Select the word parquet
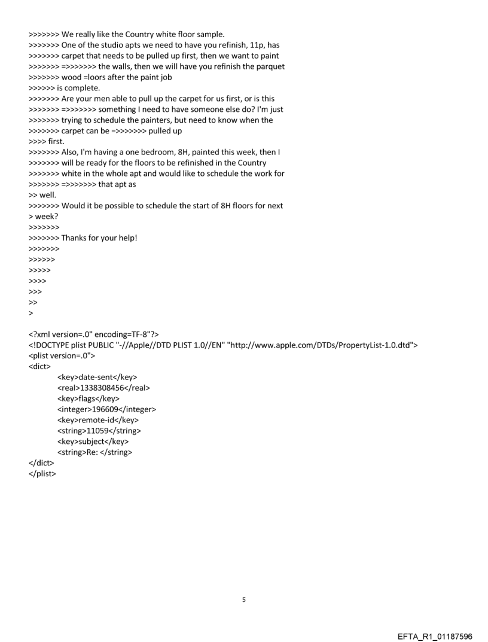point(270,66)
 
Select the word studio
point(114,45)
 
